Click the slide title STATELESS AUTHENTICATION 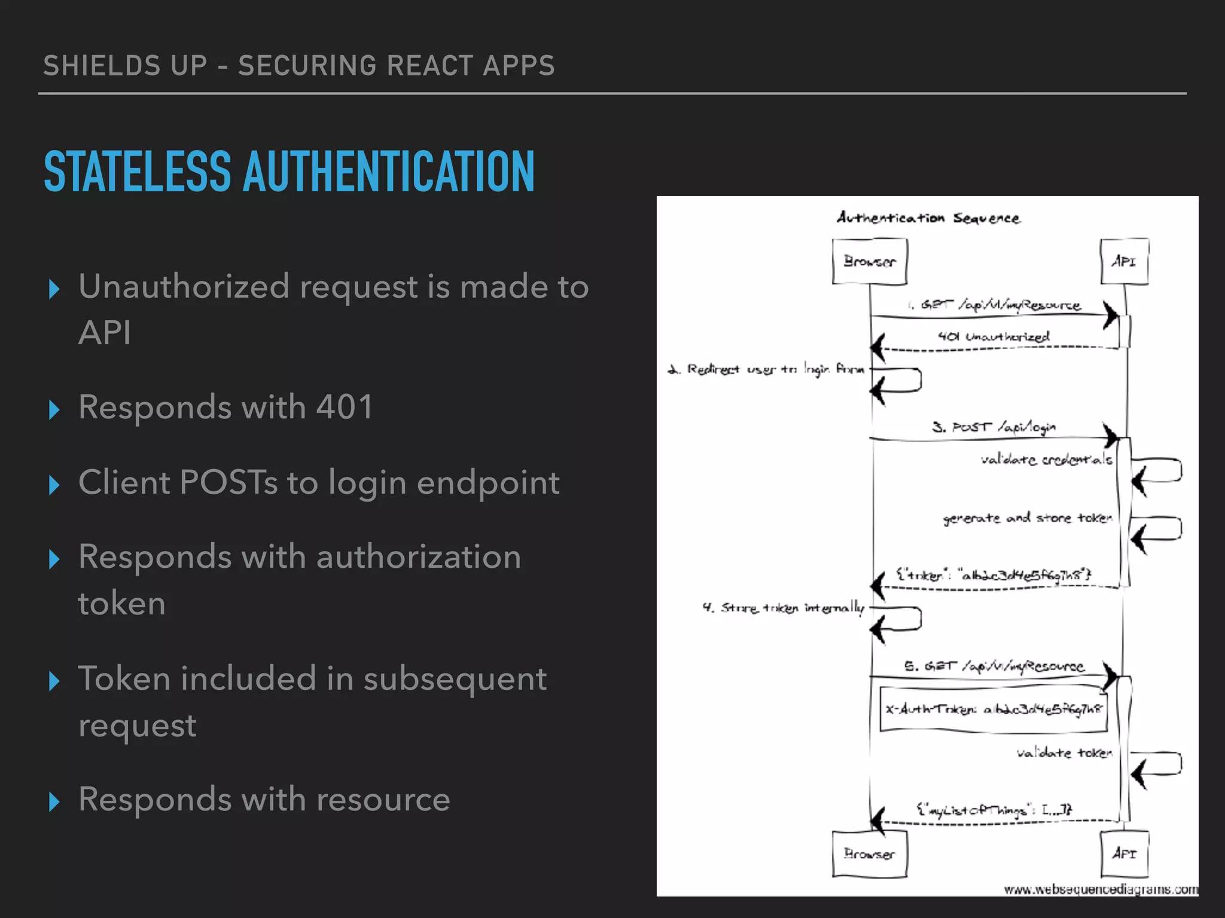[x=289, y=172]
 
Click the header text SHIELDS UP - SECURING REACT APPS [x=299, y=66]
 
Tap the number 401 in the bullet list [x=345, y=408]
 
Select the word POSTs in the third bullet [x=228, y=483]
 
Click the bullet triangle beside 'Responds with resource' [x=54, y=801]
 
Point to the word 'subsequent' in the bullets [x=455, y=680]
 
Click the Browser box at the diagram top [x=870, y=262]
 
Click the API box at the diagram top [x=1124, y=262]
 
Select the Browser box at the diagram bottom [x=870, y=854]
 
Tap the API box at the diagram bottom [x=1124, y=854]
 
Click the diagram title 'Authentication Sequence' [x=928, y=218]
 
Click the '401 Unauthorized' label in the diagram [x=993, y=336]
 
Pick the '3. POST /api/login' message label [x=994, y=427]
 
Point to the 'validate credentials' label [x=1046, y=460]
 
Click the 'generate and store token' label [x=1027, y=518]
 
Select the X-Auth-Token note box [x=993, y=709]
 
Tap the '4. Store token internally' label [x=784, y=608]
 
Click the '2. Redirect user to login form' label [x=766, y=369]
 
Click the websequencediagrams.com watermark [x=1101, y=890]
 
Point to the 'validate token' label [x=1064, y=753]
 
